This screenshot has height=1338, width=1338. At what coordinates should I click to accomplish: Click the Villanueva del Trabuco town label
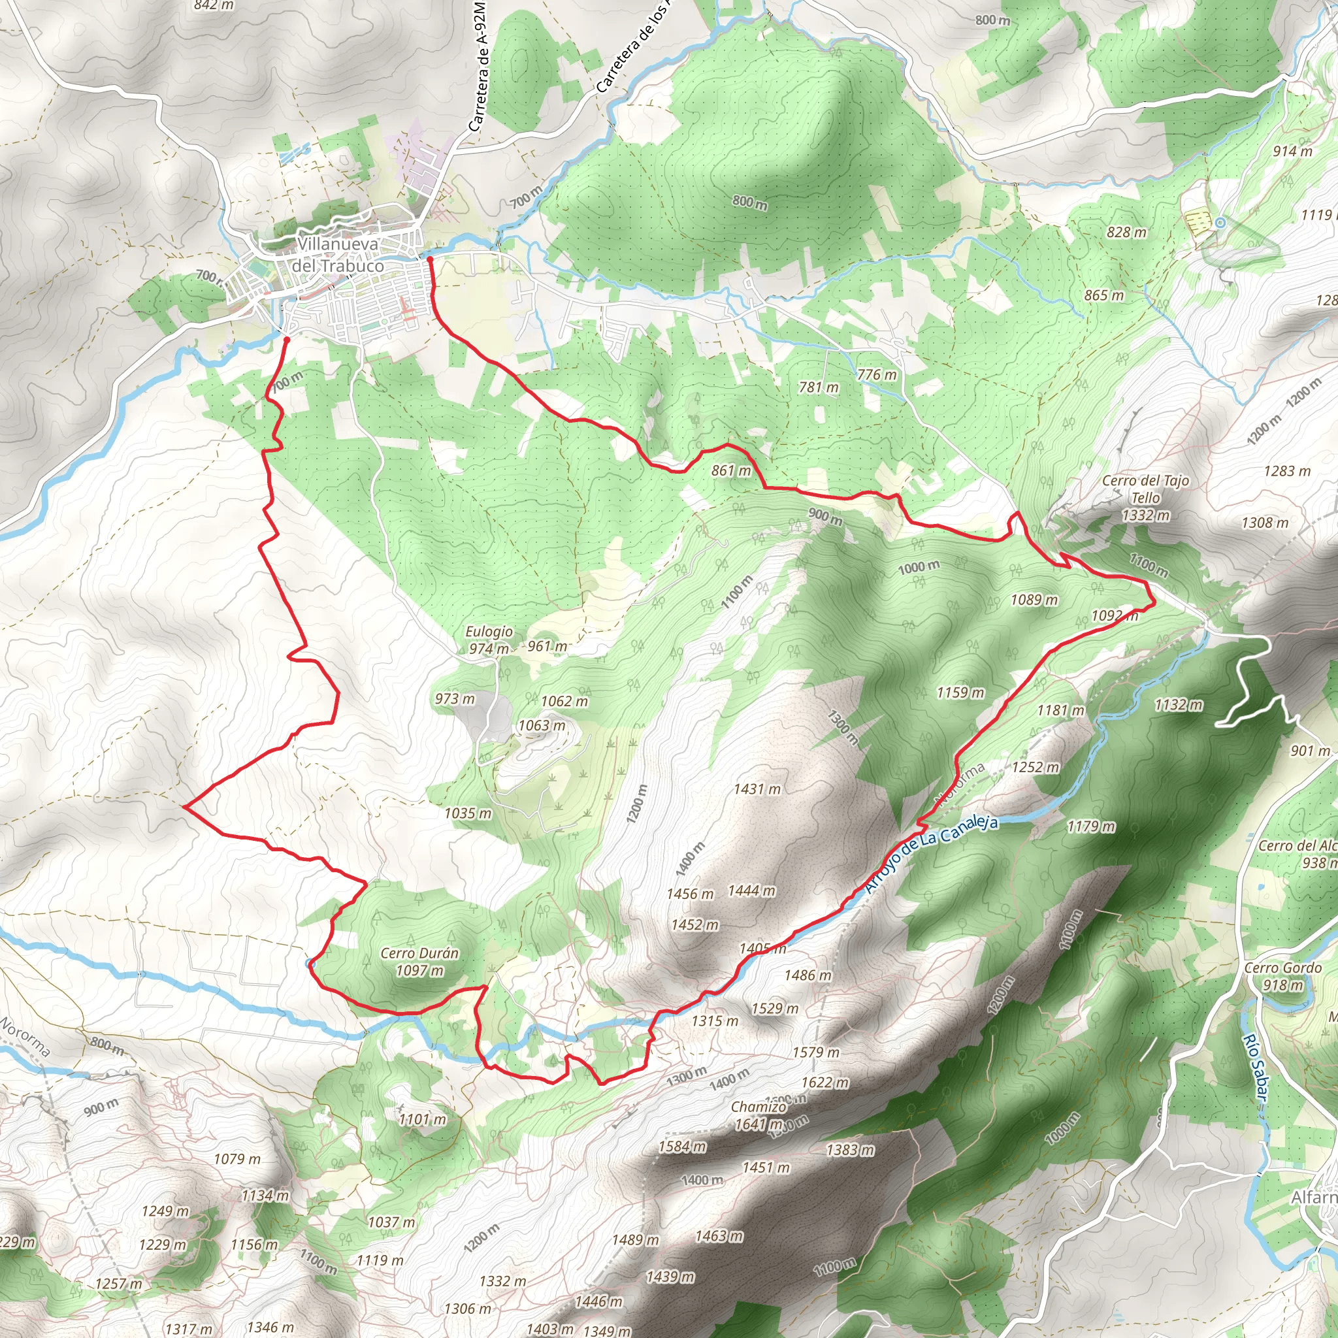(x=337, y=255)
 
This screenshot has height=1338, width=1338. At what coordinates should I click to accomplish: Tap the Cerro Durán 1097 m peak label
(x=419, y=962)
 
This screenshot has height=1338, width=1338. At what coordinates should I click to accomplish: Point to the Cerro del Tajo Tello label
(x=1145, y=497)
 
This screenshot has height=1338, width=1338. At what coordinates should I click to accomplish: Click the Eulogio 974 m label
(x=489, y=640)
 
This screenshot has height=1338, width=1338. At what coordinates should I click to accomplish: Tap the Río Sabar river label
(x=1254, y=1066)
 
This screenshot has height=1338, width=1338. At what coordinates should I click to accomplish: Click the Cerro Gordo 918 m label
(x=1283, y=977)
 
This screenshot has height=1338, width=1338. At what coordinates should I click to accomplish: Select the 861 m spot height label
(x=731, y=471)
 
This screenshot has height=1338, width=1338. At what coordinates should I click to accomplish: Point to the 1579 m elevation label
(x=816, y=1052)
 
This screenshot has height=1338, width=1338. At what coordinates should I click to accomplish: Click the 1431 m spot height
(x=757, y=789)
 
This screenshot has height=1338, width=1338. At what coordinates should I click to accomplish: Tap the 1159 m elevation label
(x=960, y=693)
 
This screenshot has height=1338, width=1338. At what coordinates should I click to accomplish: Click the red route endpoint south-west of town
(x=287, y=339)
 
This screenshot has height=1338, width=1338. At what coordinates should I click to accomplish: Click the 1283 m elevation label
(x=1287, y=471)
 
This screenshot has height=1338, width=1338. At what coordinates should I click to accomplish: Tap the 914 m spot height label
(x=1292, y=151)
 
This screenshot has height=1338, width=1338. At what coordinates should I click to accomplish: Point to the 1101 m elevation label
(x=423, y=1119)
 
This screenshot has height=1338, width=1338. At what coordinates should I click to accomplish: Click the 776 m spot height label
(x=877, y=374)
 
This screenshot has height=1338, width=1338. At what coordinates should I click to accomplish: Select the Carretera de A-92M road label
(x=478, y=66)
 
